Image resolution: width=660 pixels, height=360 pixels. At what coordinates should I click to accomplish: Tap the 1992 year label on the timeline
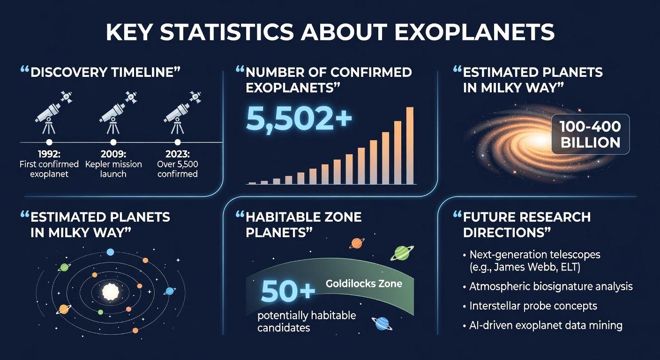(x=49, y=154)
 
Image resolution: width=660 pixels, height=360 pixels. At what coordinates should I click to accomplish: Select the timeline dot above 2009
(x=113, y=142)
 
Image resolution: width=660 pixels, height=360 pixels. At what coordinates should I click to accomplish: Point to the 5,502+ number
(x=299, y=119)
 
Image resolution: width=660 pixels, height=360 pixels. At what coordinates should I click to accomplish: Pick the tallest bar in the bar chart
(x=410, y=145)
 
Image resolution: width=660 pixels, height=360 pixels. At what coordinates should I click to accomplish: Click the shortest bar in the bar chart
(x=252, y=183)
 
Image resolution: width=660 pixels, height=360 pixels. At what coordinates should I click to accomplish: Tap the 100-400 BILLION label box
(x=591, y=135)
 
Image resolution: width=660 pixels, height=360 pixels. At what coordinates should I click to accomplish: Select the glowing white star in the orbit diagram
(x=111, y=292)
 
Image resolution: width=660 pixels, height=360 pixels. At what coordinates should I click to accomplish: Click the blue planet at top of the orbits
(x=110, y=252)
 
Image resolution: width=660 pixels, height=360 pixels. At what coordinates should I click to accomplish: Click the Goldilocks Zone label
(x=364, y=284)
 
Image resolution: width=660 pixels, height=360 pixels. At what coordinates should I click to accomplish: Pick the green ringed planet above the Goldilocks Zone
(x=402, y=253)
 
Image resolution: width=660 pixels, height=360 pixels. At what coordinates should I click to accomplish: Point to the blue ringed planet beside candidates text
(x=382, y=323)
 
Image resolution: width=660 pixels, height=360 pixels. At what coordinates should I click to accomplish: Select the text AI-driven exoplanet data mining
(x=546, y=325)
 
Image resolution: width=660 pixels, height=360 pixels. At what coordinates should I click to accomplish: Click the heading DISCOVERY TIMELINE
(x=105, y=73)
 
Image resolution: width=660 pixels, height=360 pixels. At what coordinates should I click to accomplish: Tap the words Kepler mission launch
(x=113, y=169)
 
